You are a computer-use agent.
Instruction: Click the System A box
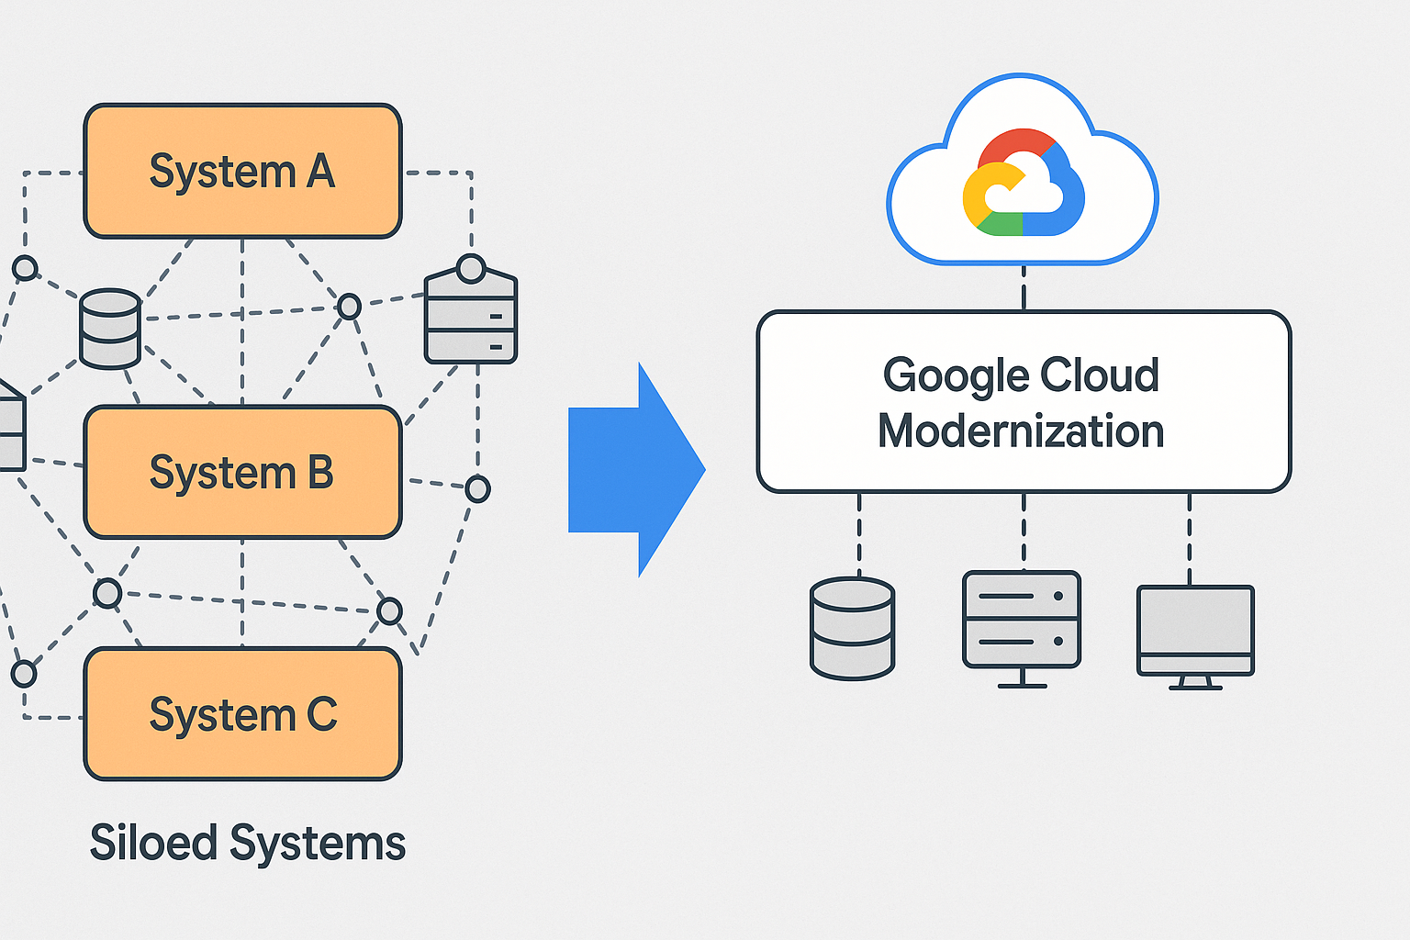tap(242, 171)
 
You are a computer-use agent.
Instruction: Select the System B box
tap(242, 472)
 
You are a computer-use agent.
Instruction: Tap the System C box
tap(242, 714)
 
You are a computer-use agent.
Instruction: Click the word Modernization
tap(1021, 431)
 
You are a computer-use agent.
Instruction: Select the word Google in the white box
tap(956, 376)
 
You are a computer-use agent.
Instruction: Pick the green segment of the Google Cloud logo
tap(999, 223)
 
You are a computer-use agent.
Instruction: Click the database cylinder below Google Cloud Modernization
tap(852, 628)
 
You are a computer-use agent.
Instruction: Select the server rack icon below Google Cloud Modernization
tap(1022, 621)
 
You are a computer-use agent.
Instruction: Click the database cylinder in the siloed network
tap(110, 328)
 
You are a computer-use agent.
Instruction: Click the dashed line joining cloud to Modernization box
tap(1024, 287)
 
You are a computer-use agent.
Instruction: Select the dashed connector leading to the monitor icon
tap(1190, 538)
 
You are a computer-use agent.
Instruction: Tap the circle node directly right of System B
tap(477, 488)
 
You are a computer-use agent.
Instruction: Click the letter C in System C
tap(321, 714)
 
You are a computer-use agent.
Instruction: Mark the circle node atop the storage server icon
tap(471, 269)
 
